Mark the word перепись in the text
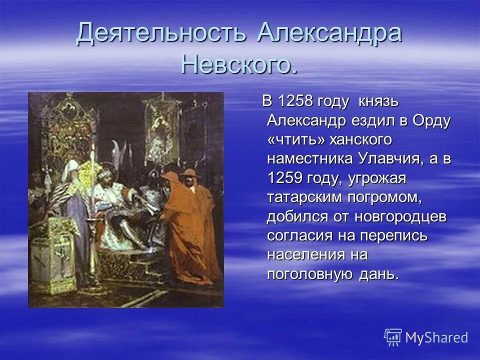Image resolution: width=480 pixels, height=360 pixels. [x=398, y=235]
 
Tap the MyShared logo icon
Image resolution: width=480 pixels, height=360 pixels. [x=393, y=337]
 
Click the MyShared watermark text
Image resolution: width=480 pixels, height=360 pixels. [x=436, y=337]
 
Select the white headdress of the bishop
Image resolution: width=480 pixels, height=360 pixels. [x=71, y=167]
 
